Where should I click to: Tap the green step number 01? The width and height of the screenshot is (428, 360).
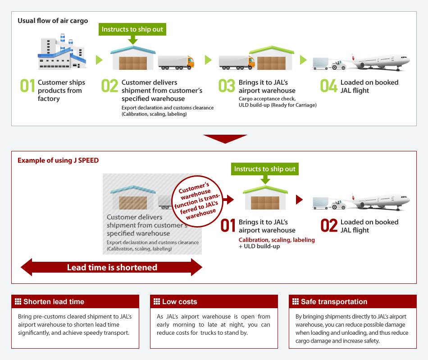tap(27, 86)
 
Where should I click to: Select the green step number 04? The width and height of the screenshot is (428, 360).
tap(328, 86)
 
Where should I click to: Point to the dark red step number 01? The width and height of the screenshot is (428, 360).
tap(228, 226)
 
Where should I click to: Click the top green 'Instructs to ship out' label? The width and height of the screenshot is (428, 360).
tap(132, 29)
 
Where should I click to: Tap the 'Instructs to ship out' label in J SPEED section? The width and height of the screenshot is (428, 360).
tap(265, 169)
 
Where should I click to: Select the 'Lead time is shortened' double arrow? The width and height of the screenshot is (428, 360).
tap(112, 267)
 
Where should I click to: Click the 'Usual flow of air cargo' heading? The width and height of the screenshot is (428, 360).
tap(53, 21)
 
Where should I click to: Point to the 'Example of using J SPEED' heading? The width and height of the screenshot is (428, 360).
tap(58, 160)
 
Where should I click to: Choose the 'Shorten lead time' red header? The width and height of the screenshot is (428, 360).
tap(75, 301)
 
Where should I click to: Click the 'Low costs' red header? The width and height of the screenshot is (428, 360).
tap(214, 301)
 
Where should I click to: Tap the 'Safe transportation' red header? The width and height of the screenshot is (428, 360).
tap(353, 301)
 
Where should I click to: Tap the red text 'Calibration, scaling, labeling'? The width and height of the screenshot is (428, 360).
tap(277, 240)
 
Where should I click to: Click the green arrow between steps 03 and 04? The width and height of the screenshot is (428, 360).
tap(303, 60)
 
